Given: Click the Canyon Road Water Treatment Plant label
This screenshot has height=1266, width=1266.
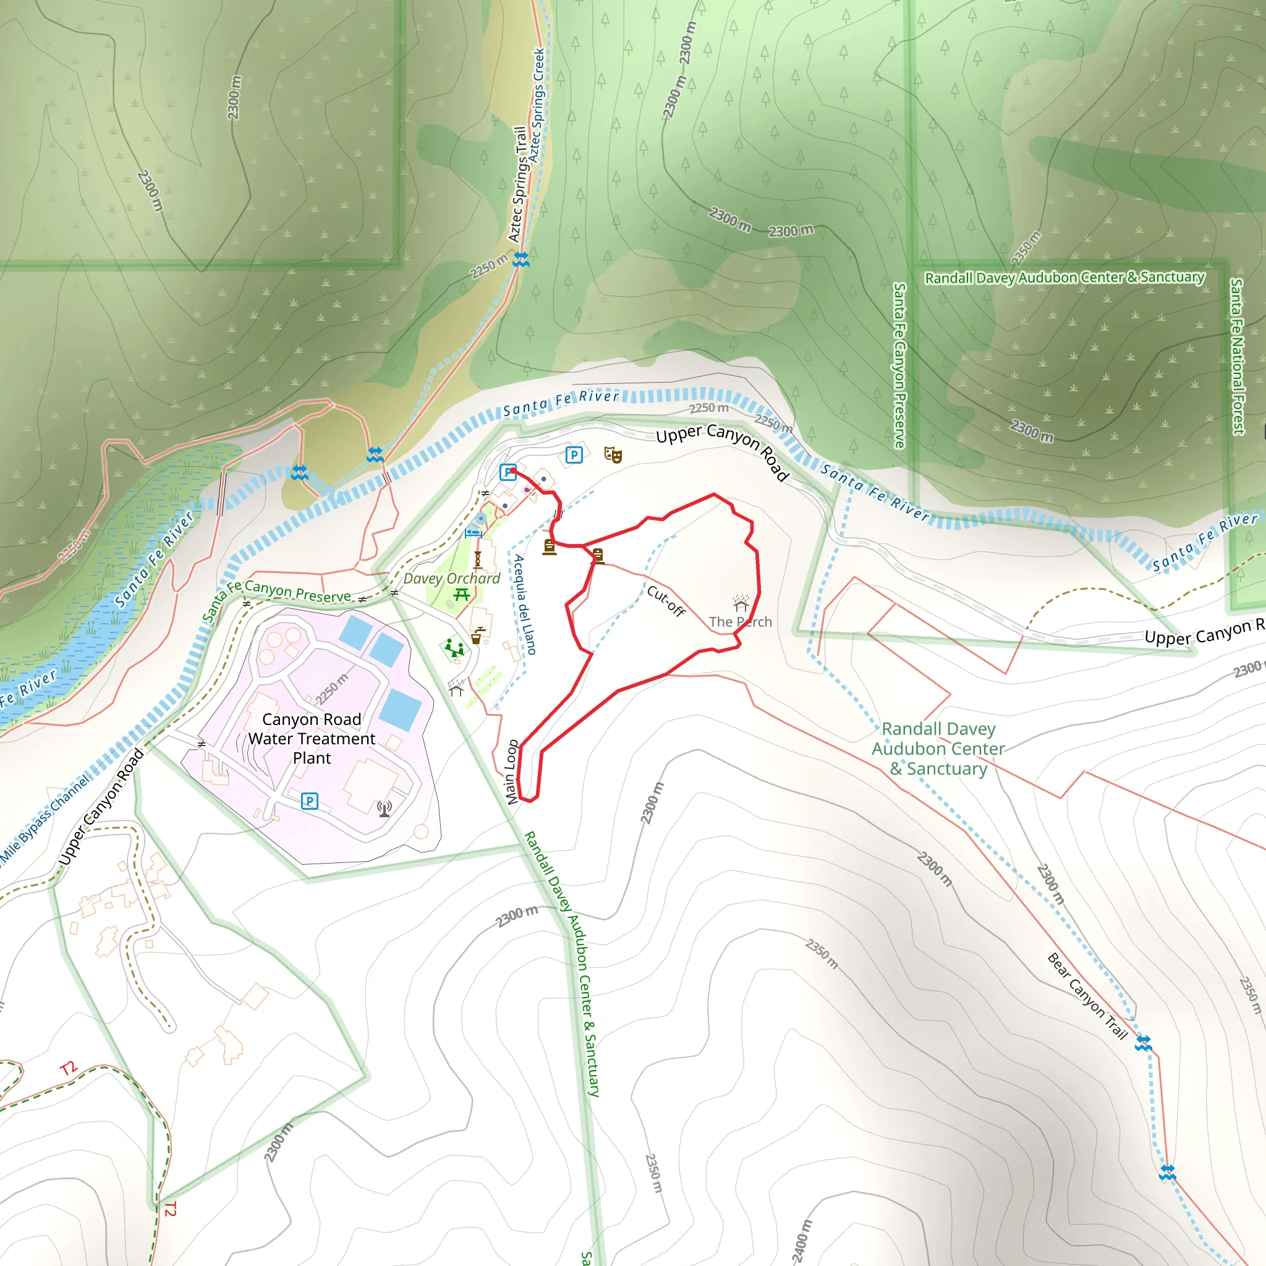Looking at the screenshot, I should point(312,739).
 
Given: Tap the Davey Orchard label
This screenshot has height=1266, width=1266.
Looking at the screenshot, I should point(451,579).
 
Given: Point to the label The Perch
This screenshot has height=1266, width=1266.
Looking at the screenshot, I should point(741,622).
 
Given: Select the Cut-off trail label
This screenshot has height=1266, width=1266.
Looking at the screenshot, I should point(666,601).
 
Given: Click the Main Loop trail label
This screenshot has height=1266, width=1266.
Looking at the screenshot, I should point(512,772).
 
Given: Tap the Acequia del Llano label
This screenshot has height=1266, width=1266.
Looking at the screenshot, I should point(525,604).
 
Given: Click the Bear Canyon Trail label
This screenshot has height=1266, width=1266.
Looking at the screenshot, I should point(1087,996).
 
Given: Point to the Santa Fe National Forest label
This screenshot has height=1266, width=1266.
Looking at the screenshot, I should point(1236,357).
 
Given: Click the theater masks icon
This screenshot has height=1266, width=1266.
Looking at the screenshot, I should point(613,454).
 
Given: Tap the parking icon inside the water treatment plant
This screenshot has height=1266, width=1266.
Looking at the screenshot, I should point(309,801).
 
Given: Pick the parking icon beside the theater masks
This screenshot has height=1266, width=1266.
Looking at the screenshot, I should point(574,455).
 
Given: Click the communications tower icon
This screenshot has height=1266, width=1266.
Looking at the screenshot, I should point(384,809).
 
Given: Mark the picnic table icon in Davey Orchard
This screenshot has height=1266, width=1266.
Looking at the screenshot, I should point(462,594).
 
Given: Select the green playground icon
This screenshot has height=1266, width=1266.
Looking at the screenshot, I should point(454,648).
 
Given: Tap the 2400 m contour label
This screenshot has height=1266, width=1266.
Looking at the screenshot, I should point(801,1241).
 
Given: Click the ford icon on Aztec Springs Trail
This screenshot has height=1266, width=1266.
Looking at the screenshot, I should point(521,259).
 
